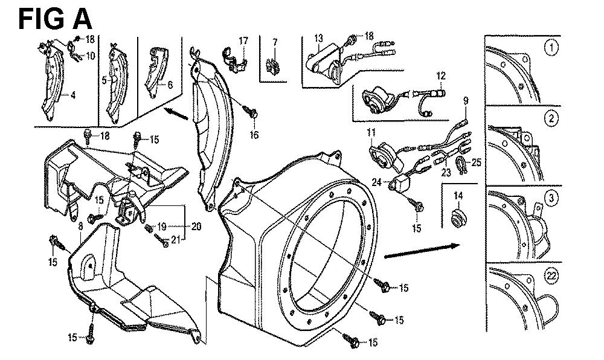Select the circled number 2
(550, 119)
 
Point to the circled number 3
(550, 197)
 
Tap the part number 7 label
(275, 41)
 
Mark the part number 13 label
(318, 37)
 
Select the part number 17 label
(243, 41)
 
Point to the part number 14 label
(458, 196)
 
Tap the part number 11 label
(370, 131)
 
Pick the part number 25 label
(476, 163)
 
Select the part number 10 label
(90, 56)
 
